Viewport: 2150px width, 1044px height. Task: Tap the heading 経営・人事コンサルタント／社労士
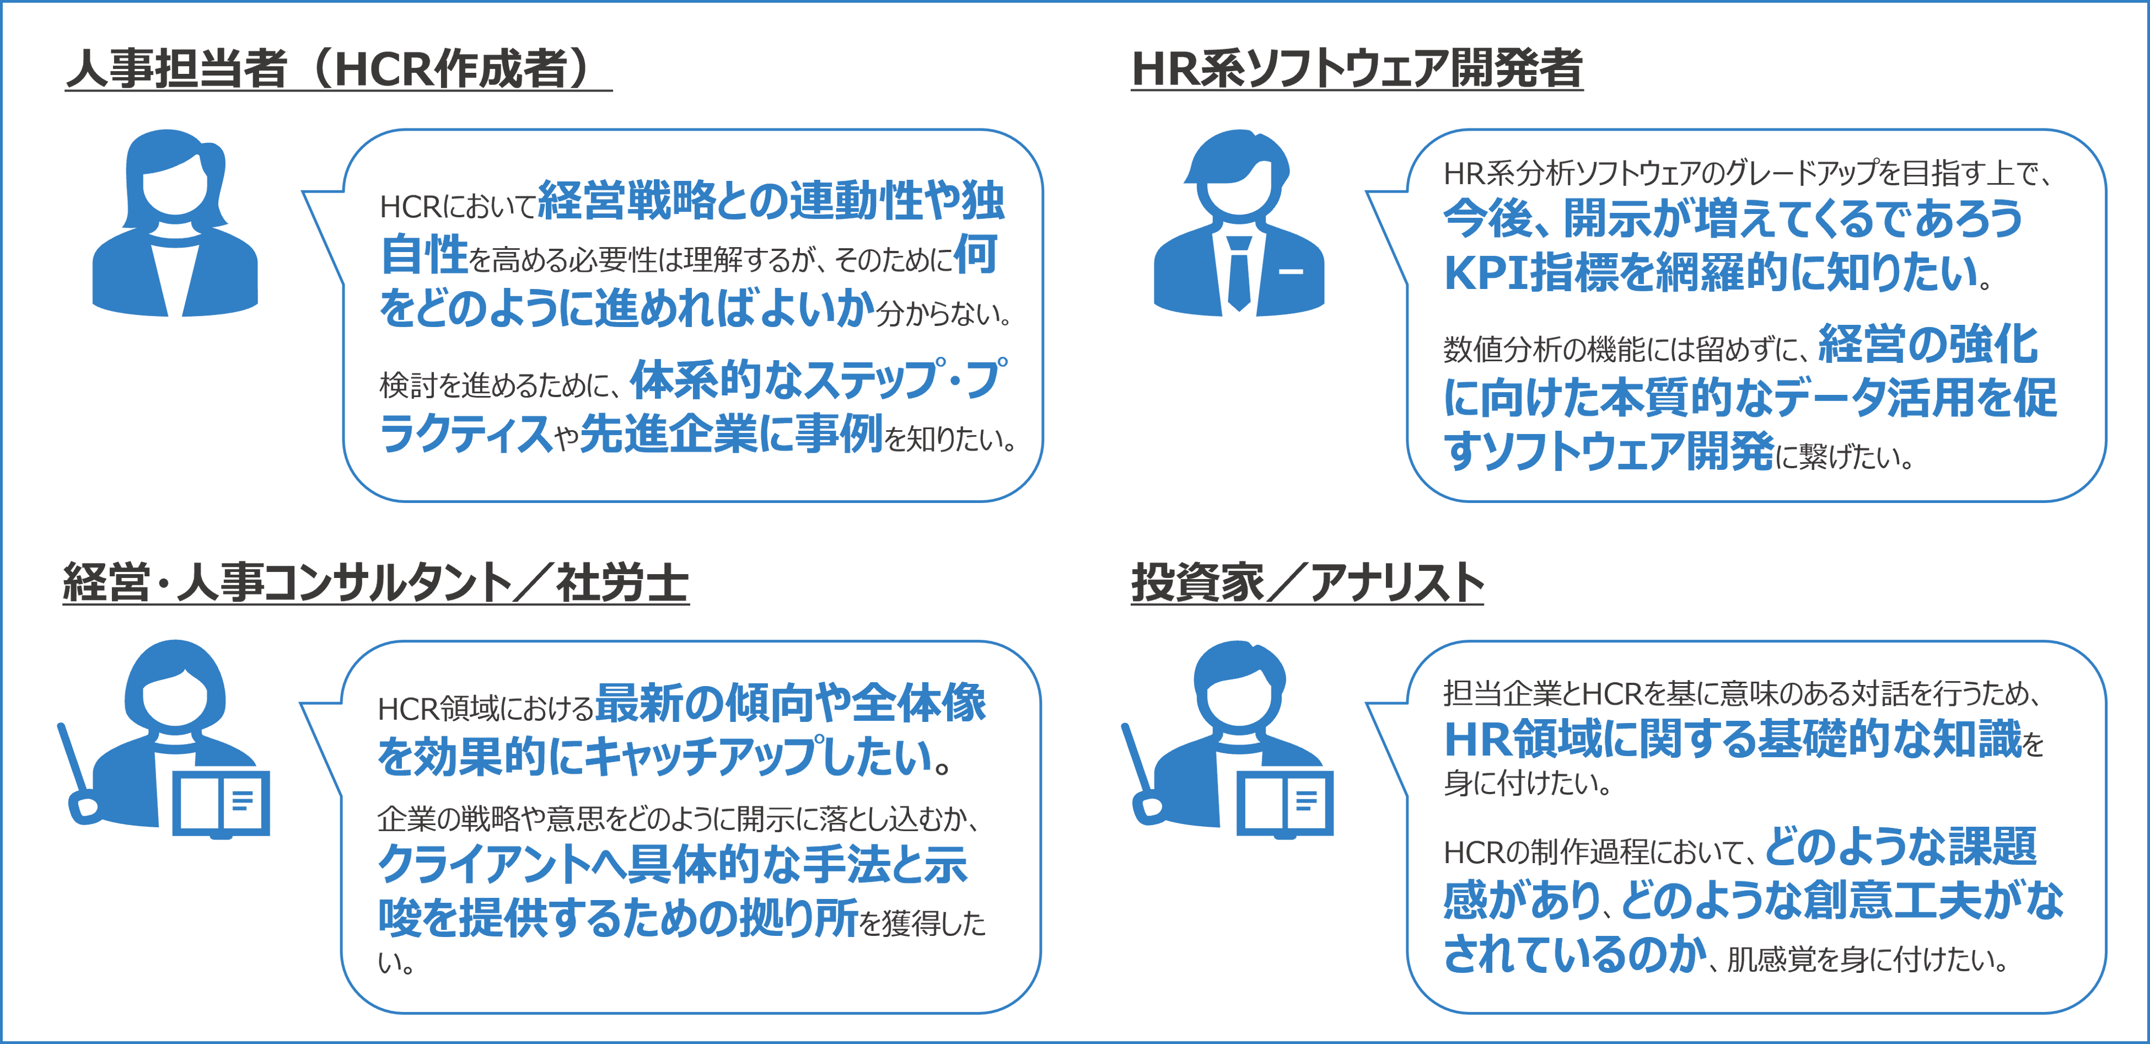(375, 583)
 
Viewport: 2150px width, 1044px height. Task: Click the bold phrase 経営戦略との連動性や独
(772, 202)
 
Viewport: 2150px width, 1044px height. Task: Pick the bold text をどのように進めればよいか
(626, 308)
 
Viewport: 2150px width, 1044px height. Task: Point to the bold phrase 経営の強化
(1928, 344)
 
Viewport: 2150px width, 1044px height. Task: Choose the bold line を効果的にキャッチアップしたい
(659, 756)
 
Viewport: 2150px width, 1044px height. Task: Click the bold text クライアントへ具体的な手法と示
(673, 864)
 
